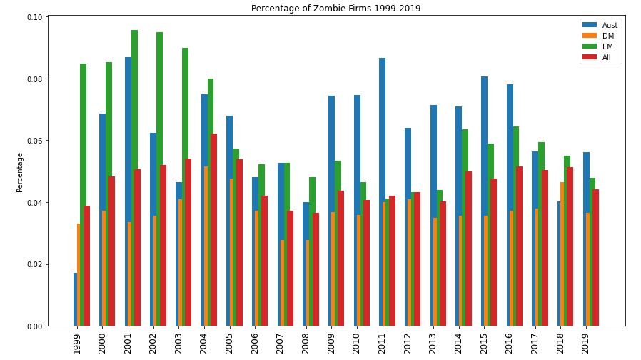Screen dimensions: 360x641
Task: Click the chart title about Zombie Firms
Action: click(335, 9)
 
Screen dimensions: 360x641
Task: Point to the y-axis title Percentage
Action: click(20, 171)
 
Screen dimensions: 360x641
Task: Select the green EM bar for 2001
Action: click(135, 179)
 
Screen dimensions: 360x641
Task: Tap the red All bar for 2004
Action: click(213, 229)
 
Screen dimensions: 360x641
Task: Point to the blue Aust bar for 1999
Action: click(75, 300)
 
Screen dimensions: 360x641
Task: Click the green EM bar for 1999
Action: click(84, 193)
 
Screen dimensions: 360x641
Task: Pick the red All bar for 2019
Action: click(595, 257)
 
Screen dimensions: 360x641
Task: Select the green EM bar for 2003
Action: click(186, 186)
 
